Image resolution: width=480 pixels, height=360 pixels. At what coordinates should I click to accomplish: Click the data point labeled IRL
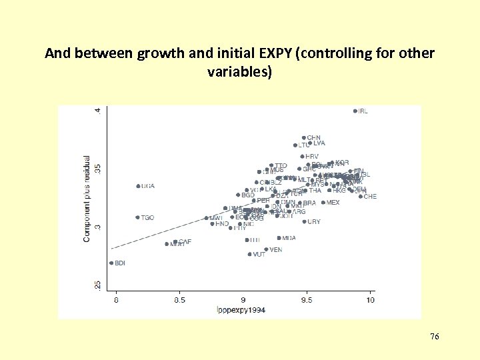coord(355,111)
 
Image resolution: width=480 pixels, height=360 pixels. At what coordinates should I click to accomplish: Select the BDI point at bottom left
coord(111,263)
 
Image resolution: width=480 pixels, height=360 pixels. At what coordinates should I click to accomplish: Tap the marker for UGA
coord(138,186)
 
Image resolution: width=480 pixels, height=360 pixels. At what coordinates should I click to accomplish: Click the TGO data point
coord(137,217)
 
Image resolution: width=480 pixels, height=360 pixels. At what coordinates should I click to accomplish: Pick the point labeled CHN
coord(303,138)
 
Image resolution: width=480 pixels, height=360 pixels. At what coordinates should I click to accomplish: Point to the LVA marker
coord(310,143)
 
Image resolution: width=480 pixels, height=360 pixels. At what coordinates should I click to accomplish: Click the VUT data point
coord(249,254)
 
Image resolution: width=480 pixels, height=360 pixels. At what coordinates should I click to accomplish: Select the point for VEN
coord(266,249)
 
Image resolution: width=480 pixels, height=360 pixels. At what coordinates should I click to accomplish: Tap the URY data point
coord(305,221)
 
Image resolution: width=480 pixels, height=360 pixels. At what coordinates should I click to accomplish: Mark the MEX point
coord(323,203)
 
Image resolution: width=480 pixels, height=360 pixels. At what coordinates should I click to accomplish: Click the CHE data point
coord(361,196)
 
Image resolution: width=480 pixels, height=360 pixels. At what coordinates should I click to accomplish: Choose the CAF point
coord(175,241)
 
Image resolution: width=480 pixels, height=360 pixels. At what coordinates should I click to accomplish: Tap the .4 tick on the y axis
coord(98,111)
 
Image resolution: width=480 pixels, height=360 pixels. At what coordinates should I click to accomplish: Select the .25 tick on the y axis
coord(98,285)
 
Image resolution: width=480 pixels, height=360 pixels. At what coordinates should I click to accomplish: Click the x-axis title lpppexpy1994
coord(241,309)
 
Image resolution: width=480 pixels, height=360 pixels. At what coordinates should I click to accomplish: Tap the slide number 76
coord(434,337)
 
